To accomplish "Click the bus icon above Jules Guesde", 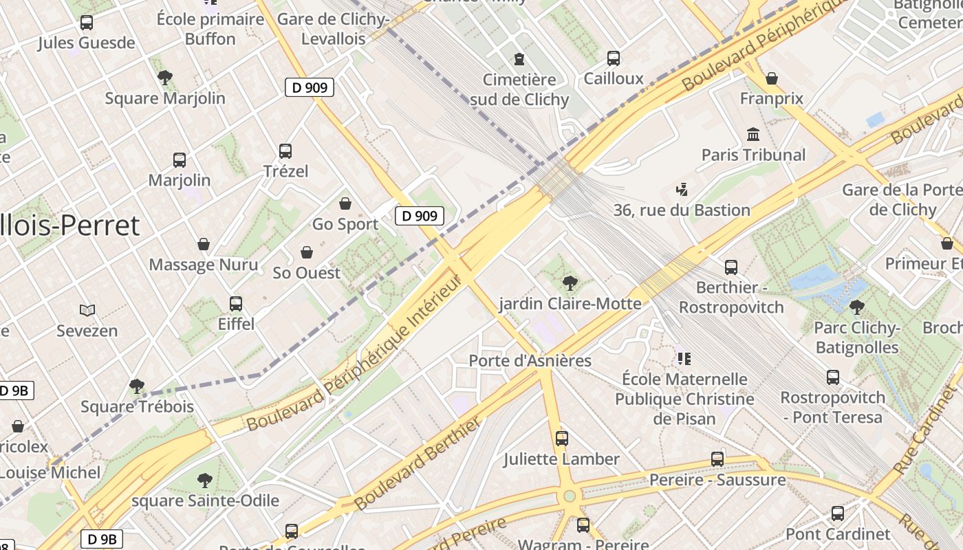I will pyautogui.click(x=87, y=23).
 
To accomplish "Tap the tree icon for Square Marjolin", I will pyautogui.click(x=165, y=78).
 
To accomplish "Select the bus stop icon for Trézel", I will pyautogui.click(x=285, y=151).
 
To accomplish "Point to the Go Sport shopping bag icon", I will pyautogui.click(x=345, y=204).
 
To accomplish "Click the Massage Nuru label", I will pyautogui.click(x=204, y=265).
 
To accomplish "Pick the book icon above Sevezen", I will pyautogui.click(x=87, y=311).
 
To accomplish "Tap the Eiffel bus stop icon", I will pyautogui.click(x=236, y=303).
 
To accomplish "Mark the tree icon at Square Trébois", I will pyautogui.click(x=137, y=386).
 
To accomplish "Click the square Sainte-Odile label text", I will pyautogui.click(x=205, y=500).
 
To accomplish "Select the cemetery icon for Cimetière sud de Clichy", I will pyautogui.click(x=519, y=59).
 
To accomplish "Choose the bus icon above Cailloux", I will pyautogui.click(x=614, y=58).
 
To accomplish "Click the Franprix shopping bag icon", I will pyautogui.click(x=772, y=78).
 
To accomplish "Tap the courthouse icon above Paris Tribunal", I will pyautogui.click(x=753, y=134).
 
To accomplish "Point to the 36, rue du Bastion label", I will pyautogui.click(x=682, y=210).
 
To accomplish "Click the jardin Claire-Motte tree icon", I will pyautogui.click(x=570, y=283).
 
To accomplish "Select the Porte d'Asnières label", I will pyautogui.click(x=530, y=361).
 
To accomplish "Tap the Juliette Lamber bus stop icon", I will pyautogui.click(x=562, y=438).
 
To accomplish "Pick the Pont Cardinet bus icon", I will pyautogui.click(x=838, y=514).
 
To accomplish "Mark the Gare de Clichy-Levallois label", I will pyautogui.click(x=345, y=29).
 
